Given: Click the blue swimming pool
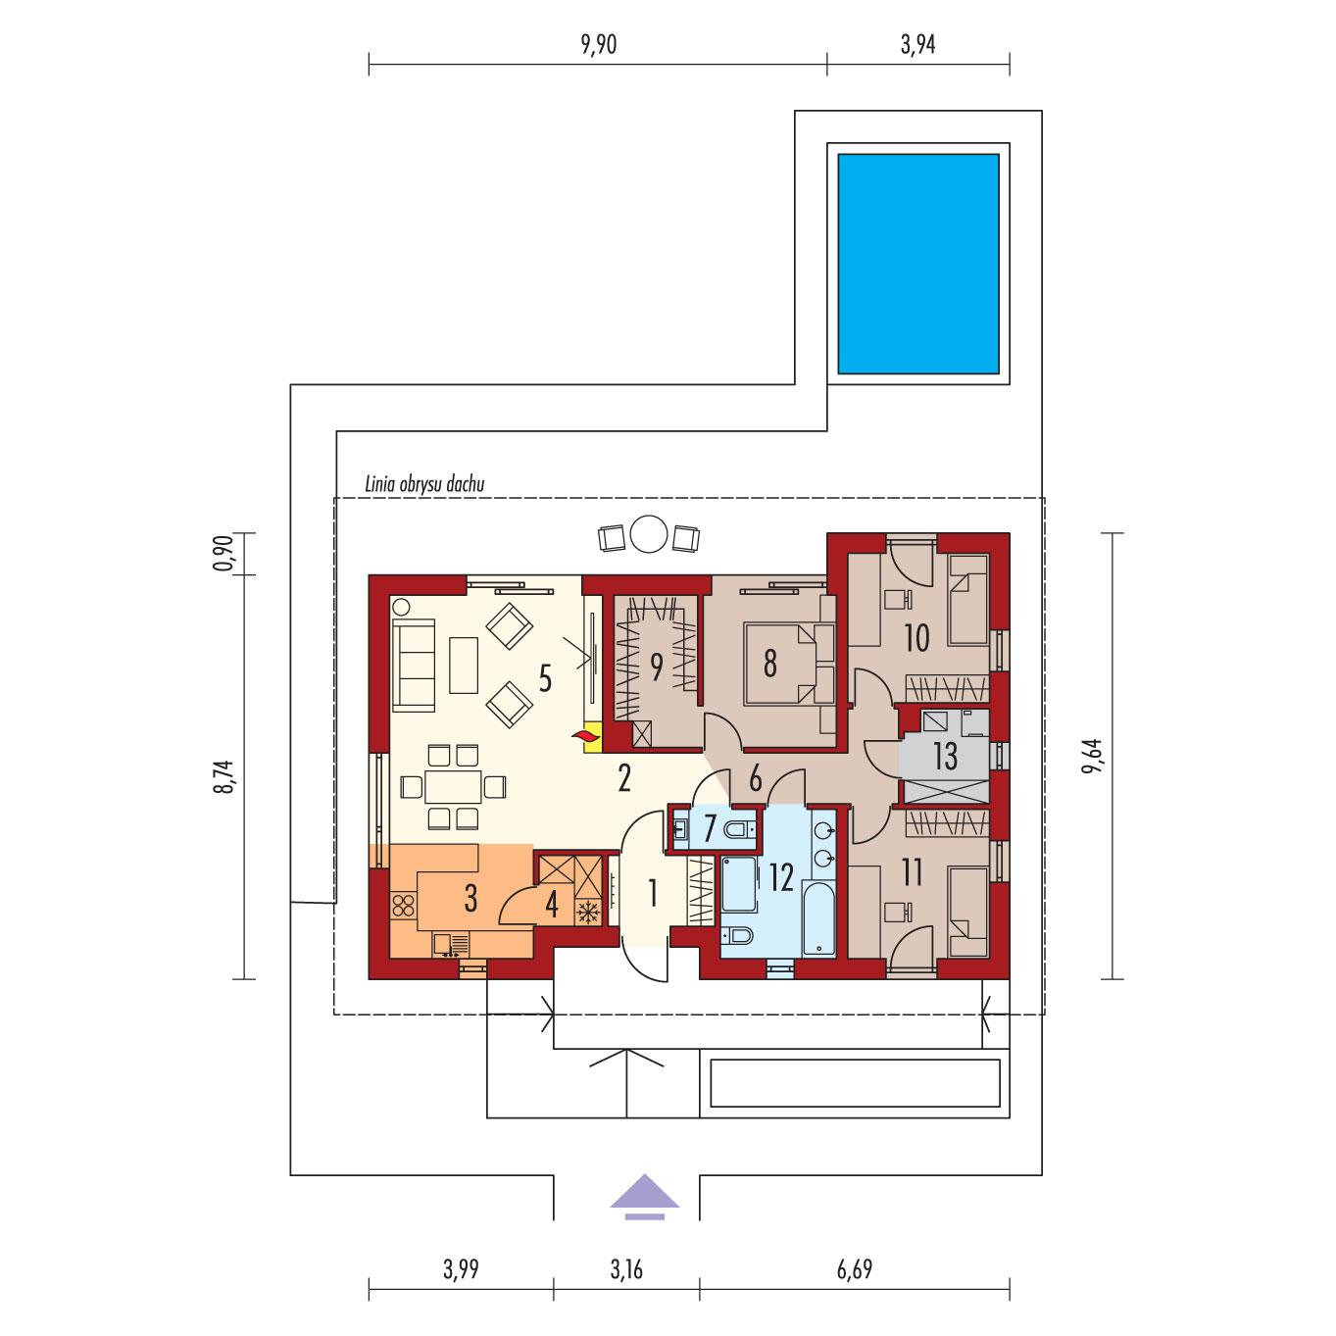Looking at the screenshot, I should pos(917,264).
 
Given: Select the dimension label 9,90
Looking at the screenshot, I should pos(598,45).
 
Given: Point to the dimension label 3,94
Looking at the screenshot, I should pos(918,45).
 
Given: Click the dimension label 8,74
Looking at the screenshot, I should pos(224,776).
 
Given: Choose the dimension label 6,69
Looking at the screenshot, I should pos(854,1270).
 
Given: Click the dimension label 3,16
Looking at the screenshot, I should pos(626,1270).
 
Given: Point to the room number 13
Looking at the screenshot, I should pos(945,757).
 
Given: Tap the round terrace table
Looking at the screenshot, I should pos(648,534).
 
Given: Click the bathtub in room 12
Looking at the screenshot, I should pos(819,916).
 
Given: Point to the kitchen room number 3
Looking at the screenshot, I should pos(470,899).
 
